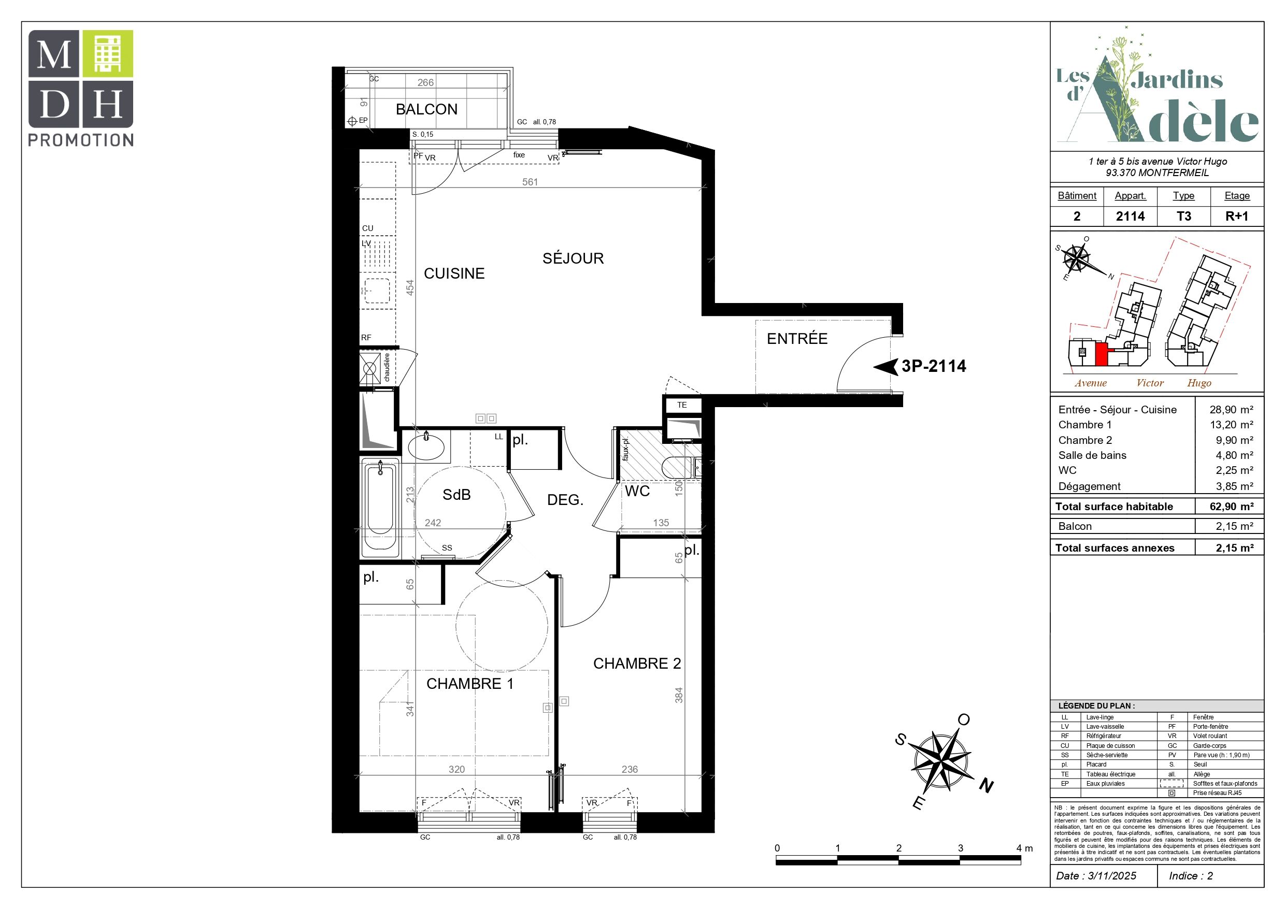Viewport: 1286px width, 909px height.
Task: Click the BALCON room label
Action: (x=426, y=109)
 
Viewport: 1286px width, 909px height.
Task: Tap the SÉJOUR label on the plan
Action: (x=573, y=258)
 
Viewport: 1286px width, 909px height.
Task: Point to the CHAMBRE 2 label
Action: (x=637, y=663)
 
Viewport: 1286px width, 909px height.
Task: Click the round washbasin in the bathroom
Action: (x=426, y=446)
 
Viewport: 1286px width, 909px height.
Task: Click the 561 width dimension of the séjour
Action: (x=530, y=182)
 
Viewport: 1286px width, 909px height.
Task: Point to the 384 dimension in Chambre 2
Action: (x=679, y=695)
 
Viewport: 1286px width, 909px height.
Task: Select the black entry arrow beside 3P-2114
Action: (x=885, y=367)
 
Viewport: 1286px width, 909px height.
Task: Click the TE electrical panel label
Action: (x=682, y=405)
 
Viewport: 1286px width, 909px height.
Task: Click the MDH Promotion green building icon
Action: (x=108, y=53)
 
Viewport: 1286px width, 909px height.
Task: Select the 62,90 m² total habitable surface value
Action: (x=1232, y=507)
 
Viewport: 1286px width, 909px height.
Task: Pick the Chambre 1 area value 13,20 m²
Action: (x=1232, y=425)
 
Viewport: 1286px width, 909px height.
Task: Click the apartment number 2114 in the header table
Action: (x=1130, y=216)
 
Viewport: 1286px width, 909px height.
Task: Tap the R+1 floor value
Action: (x=1237, y=216)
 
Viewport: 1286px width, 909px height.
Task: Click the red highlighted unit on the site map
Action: (x=1101, y=354)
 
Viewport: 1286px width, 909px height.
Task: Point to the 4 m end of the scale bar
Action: (x=1021, y=861)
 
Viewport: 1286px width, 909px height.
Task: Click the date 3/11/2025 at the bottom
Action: (x=1112, y=876)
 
